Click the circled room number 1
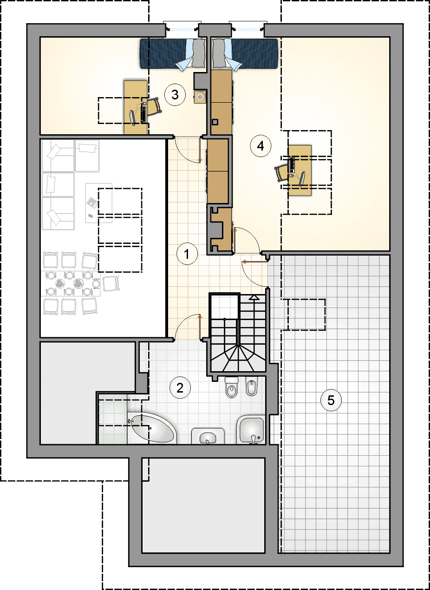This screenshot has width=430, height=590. point(187,254)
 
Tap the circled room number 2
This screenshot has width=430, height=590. point(180,388)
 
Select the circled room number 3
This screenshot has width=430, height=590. point(175,95)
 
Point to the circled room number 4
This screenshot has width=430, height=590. point(261,146)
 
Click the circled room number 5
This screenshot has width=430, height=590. point(331,400)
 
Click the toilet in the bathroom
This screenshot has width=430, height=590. point(232,387)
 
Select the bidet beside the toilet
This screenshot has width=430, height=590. point(252,386)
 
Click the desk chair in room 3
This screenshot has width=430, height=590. point(154,107)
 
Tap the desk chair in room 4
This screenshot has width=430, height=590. point(282,172)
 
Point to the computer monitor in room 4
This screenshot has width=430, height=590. point(302,179)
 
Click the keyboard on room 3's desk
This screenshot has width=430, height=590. point(143,113)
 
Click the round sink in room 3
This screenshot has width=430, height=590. point(201,97)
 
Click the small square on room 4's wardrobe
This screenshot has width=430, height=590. point(215,122)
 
